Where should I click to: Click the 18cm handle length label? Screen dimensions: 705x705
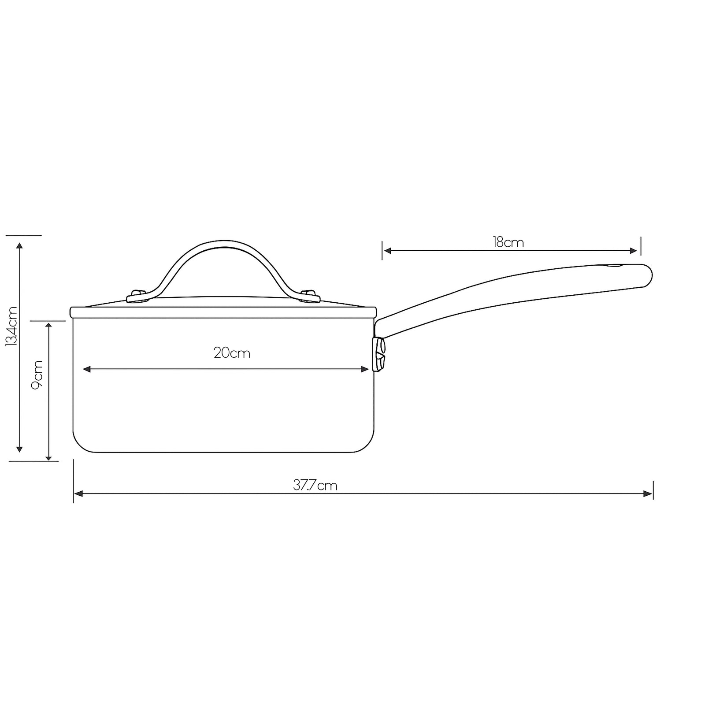(x=508, y=242)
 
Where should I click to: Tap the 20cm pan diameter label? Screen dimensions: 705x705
(x=232, y=353)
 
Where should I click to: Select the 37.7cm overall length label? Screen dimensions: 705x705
(x=315, y=485)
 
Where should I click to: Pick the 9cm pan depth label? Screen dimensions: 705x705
(x=37, y=375)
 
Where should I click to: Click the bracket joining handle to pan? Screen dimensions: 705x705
(x=379, y=354)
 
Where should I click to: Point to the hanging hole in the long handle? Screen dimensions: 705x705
(x=613, y=266)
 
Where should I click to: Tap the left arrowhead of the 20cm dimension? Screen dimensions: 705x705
(x=86, y=369)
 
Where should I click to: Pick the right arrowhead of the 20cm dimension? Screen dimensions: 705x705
(x=365, y=369)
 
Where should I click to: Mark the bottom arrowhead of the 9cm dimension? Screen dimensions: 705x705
(x=49, y=457)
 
